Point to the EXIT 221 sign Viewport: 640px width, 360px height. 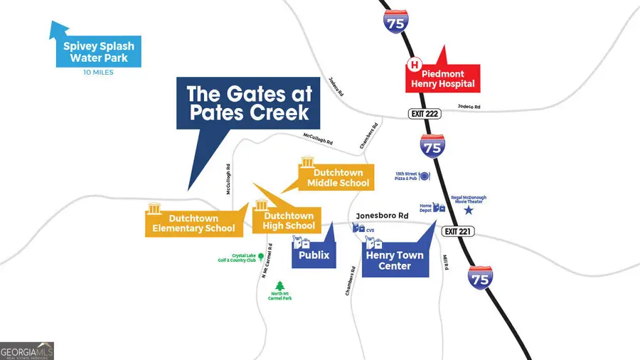tap(457, 231)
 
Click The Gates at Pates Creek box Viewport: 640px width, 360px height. tap(247, 103)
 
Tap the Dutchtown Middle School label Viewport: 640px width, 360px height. tap(338, 178)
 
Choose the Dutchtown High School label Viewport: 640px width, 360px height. tap(289, 221)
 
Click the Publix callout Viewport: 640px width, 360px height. tap(314, 254)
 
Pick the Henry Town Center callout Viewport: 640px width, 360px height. tap(395, 260)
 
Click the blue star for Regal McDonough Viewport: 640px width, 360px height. tap(468, 210)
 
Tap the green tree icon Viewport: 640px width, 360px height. tap(279, 283)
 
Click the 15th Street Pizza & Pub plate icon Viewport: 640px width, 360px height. tap(425, 176)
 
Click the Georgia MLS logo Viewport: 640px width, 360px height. tap(27, 351)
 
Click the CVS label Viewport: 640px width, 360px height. tap(370, 231)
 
